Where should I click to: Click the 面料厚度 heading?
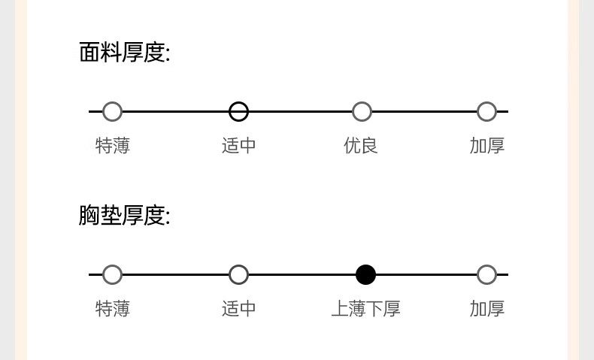[124, 53]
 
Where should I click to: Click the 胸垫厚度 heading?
[124, 216]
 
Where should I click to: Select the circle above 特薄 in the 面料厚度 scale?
[112, 112]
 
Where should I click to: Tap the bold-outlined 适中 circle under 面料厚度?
[238, 112]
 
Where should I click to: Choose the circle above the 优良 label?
[362, 112]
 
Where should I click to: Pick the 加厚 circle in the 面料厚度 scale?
[486, 112]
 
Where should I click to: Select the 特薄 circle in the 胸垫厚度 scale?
[112, 275]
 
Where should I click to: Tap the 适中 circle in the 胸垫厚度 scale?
[238, 275]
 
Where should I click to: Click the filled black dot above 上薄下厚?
[365, 275]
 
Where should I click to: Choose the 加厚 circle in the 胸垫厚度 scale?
[486, 275]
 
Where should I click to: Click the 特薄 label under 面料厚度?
[113, 146]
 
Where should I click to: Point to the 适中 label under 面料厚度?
[239, 146]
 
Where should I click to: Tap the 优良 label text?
[361, 146]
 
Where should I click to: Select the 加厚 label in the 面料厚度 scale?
[487, 146]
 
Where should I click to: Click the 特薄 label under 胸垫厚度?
[113, 309]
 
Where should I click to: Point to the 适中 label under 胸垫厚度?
[239, 309]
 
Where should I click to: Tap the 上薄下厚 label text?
[365, 309]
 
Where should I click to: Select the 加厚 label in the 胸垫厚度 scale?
[487, 309]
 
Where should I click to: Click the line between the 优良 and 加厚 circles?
[424, 112]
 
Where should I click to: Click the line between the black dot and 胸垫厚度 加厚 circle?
[426, 275]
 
